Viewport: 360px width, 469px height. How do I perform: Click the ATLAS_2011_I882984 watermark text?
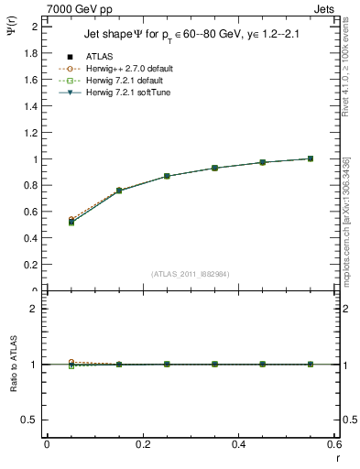[x=190, y=274]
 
